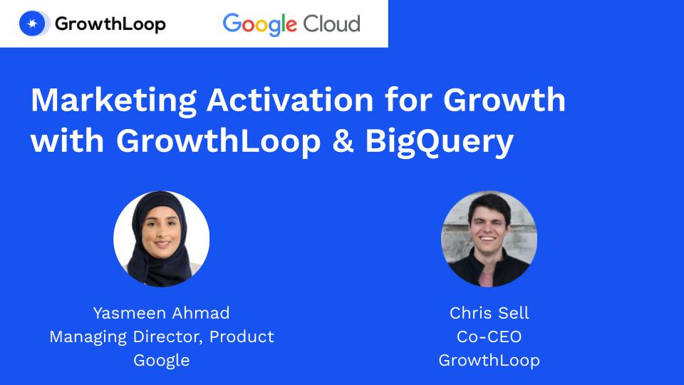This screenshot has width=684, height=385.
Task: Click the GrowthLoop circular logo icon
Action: pos(33,24)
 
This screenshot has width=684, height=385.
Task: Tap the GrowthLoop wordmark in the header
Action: pos(110,24)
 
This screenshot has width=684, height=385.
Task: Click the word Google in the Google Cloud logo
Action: pos(260,24)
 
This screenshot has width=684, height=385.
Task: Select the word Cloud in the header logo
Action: pos(332,24)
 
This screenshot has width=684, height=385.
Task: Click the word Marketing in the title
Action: pos(114,101)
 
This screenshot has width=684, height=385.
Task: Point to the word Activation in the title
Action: pos(290,100)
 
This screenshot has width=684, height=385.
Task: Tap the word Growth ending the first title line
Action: pos(504,100)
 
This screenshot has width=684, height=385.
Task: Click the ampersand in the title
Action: pos(343,141)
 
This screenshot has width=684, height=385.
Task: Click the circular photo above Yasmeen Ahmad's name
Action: pos(162,239)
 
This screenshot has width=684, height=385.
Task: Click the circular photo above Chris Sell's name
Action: pos(489,239)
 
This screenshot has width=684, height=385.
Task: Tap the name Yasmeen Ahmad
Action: pos(162,313)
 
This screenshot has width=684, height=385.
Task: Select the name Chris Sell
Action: pos(489,313)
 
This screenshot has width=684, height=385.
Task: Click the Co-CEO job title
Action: pos(489,337)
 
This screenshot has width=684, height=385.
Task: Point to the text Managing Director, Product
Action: pos(162,337)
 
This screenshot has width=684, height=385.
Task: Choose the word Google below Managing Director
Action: pos(162,361)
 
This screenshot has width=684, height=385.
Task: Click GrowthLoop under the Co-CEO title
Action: pos(489,361)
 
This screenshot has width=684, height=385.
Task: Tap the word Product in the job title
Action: pos(242,337)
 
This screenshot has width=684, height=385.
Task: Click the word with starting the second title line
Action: pos(67,141)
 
